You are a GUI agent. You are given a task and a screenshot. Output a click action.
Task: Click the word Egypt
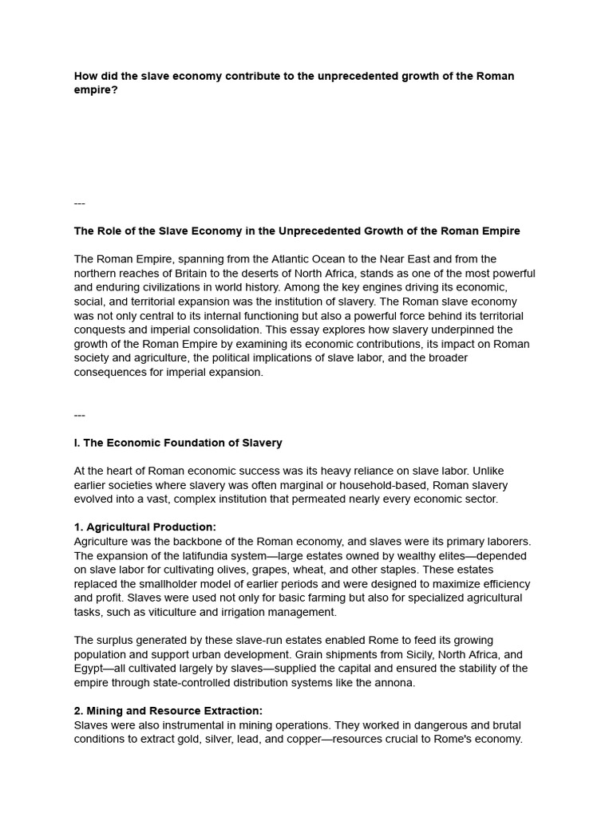[90, 669]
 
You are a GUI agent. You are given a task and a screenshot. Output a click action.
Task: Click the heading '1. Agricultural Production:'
[145, 527]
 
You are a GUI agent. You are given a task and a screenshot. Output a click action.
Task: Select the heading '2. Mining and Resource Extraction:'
[168, 711]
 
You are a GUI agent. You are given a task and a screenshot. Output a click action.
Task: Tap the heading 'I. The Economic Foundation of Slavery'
[178, 443]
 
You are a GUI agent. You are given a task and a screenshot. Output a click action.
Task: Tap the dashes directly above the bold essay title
[79, 203]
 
